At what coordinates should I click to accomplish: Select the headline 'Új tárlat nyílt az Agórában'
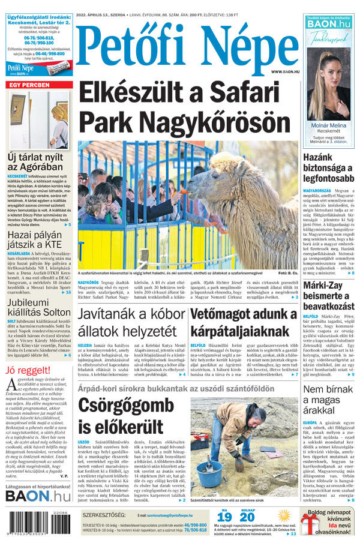35,163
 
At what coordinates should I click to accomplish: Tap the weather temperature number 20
247,518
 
